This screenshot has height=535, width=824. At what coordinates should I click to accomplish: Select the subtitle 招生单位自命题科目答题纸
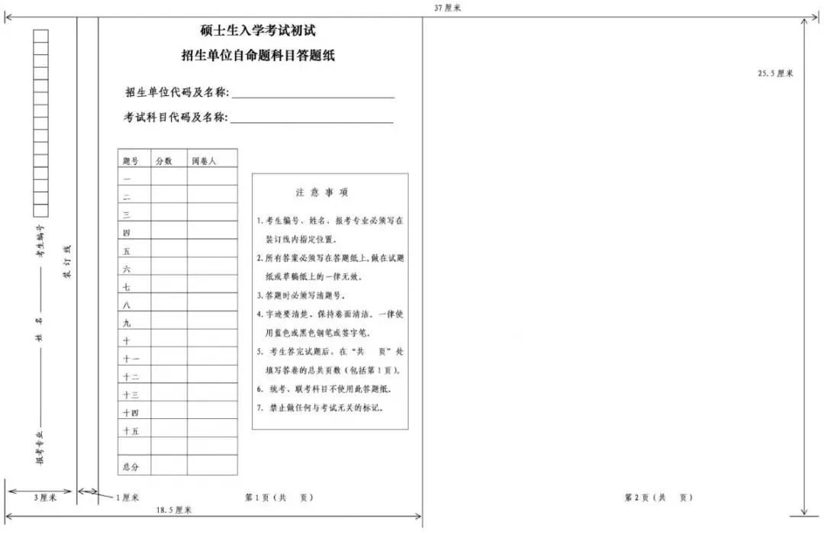[x=258, y=56]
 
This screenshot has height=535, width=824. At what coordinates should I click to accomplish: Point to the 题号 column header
[x=130, y=161]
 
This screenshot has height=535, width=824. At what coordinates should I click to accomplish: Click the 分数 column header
[x=164, y=161]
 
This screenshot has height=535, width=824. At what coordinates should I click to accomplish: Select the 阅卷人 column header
[x=204, y=161]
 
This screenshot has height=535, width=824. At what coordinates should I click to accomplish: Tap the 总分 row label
[x=130, y=466]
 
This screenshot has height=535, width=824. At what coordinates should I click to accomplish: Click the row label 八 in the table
[x=127, y=305]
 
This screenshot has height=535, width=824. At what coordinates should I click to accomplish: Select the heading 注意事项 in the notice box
[x=323, y=193]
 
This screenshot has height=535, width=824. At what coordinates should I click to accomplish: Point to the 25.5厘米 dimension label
[x=775, y=73]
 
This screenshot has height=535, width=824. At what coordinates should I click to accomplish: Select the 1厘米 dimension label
[x=127, y=498]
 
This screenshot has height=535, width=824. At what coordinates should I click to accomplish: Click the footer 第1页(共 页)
[x=278, y=498]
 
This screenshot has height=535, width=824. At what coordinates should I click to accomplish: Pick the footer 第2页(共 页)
[x=658, y=498]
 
